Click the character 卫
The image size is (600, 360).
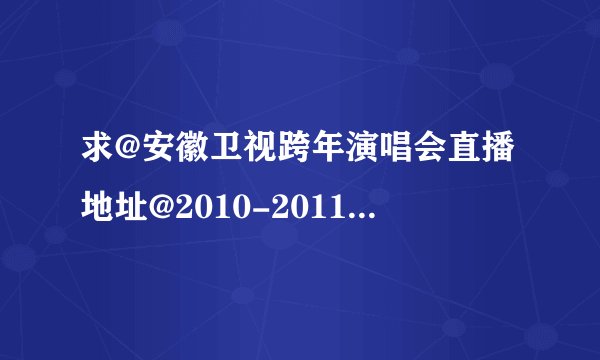click(x=231, y=159)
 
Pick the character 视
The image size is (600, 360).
click(x=266, y=159)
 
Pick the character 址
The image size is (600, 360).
click(x=133, y=206)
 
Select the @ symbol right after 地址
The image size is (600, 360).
click(x=165, y=206)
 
